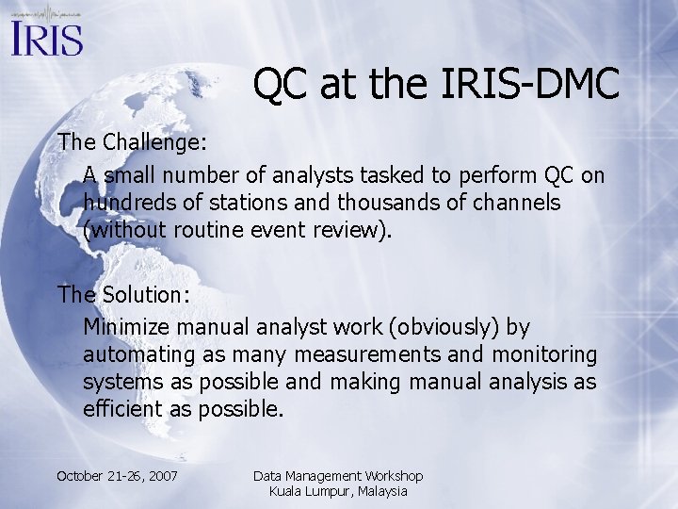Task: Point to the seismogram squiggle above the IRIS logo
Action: tap(47, 13)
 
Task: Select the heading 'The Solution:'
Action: tap(122, 294)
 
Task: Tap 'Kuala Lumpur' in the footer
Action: tap(310, 491)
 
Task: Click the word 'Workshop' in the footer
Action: tap(388, 476)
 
